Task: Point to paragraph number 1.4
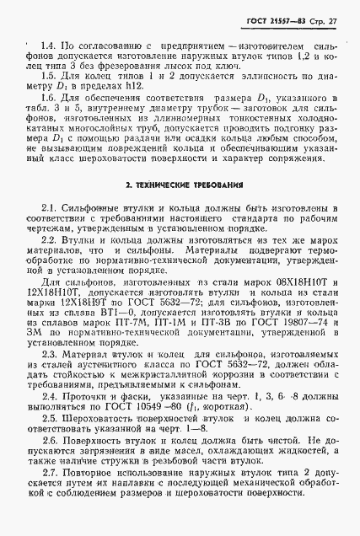(48, 42)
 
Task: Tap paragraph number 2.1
(48, 207)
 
